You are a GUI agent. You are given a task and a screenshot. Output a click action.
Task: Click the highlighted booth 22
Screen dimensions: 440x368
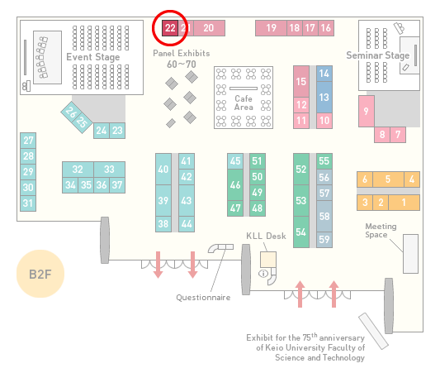click(x=170, y=28)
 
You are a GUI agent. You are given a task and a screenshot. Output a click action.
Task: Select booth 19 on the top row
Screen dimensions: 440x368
click(x=271, y=28)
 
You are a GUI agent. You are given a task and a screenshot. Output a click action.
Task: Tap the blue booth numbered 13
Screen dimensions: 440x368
click(x=324, y=98)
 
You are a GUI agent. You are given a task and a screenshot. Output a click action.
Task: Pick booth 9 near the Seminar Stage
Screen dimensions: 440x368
click(x=367, y=111)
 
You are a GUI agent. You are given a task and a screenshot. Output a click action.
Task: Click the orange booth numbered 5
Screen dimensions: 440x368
click(x=388, y=179)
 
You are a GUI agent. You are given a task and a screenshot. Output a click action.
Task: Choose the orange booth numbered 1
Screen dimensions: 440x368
click(x=404, y=203)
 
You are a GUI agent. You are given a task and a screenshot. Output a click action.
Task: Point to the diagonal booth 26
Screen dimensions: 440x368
click(x=71, y=112)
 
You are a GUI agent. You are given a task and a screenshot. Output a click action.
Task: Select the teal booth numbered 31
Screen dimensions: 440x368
click(x=28, y=203)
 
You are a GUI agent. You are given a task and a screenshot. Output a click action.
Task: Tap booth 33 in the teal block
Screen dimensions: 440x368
click(x=110, y=170)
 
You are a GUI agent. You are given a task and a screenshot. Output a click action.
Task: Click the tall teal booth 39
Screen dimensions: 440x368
click(x=163, y=201)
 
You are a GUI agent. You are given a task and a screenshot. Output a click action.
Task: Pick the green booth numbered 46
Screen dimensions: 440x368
click(x=235, y=185)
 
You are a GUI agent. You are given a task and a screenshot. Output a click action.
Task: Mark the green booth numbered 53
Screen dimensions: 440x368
click(x=301, y=201)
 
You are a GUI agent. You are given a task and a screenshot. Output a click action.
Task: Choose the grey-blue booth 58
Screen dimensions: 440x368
click(x=324, y=216)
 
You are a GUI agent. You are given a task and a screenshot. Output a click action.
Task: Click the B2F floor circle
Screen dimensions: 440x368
click(x=40, y=274)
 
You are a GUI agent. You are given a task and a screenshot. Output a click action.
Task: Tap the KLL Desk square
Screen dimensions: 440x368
click(x=268, y=260)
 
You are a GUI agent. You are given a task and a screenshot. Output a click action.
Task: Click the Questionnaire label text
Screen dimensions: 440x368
click(x=203, y=298)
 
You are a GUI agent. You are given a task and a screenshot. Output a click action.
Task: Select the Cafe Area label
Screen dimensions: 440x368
click(x=244, y=103)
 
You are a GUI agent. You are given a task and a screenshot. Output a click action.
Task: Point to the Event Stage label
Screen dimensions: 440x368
click(x=93, y=57)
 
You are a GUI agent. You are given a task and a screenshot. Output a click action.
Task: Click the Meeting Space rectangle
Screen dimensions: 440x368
click(x=410, y=254)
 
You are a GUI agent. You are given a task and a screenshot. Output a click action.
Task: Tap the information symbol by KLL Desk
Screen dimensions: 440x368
click(x=263, y=273)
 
